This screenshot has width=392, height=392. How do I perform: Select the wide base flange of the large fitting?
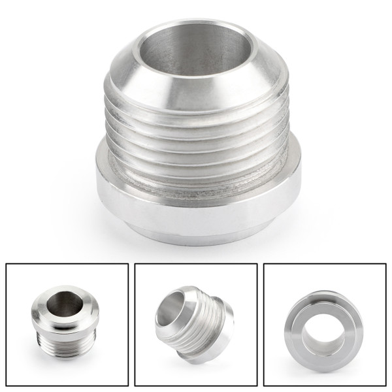click(196, 203)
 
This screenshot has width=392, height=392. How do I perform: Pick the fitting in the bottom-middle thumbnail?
click(194, 323)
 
